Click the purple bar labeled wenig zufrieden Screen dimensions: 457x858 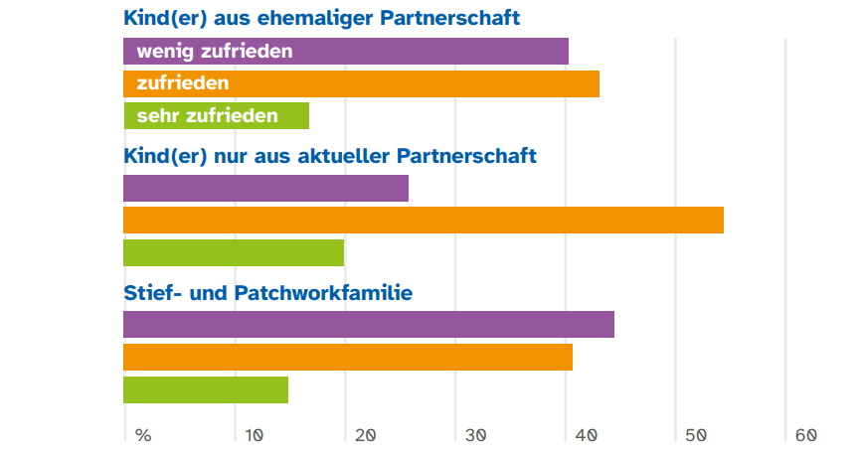(345, 51)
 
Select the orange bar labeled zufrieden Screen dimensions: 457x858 (361, 83)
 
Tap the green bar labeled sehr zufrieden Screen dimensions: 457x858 (216, 116)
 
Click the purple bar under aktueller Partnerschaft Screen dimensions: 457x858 (265, 188)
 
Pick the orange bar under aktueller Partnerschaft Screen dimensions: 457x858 (423, 221)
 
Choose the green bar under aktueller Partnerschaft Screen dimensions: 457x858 (233, 253)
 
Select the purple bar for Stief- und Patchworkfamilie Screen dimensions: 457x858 (368, 325)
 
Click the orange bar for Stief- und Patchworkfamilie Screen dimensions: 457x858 (347, 358)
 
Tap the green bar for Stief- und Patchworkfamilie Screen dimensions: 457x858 (205, 389)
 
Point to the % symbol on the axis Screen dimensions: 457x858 (143, 435)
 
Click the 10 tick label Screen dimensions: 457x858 (254, 435)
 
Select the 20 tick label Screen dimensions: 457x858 (364, 435)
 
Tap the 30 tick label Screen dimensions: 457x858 (474, 435)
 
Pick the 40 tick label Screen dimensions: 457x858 (585, 435)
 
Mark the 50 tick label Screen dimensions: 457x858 (695, 435)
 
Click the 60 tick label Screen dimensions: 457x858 (805, 435)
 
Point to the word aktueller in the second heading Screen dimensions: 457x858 (342, 155)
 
